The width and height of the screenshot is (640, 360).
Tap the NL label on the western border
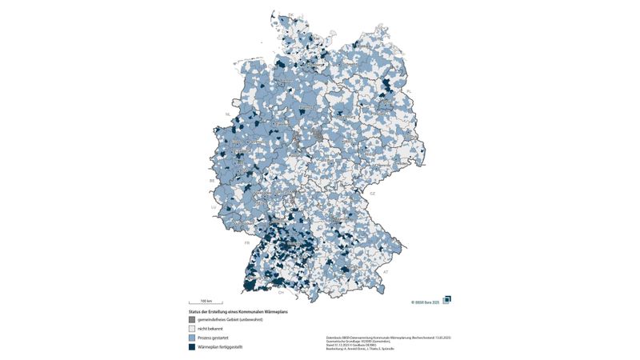coord(227,114)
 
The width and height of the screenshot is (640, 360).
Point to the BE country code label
coord(212,181)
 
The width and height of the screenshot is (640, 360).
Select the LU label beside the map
coord(214,207)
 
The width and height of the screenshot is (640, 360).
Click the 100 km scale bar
coord(206,303)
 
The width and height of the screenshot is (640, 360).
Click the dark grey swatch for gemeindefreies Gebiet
coord(192,319)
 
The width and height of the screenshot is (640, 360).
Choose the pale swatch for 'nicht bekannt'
coord(192,329)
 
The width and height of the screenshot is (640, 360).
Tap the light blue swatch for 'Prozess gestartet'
coord(192,338)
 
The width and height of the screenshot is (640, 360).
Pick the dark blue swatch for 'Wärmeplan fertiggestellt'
coord(192,347)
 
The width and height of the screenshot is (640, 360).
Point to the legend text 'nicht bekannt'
coord(210,329)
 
